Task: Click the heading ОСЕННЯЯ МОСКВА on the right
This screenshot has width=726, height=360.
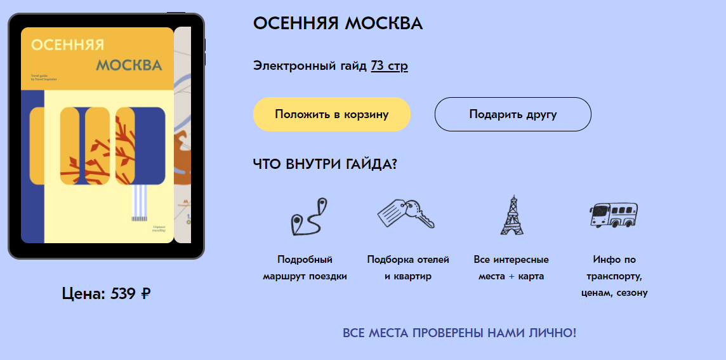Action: [338, 23]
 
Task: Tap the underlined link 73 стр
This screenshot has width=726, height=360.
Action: [389, 65]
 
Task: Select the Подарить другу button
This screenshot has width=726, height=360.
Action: [513, 114]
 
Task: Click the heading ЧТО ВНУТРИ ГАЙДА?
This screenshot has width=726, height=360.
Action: [325, 164]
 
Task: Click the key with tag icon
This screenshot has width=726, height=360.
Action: [406, 213]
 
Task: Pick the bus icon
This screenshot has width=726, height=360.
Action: [613, 215]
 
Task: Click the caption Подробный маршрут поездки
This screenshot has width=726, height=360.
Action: [305, 268]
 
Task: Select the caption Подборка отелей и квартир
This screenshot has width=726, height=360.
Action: [408, 268]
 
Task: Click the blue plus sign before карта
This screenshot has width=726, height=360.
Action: [511, 277]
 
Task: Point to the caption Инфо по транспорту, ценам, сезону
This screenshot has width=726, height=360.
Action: [614, 276]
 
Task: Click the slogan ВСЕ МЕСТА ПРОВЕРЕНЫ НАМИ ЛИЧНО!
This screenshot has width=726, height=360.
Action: [459, 333]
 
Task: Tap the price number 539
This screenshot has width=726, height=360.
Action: [122, 293]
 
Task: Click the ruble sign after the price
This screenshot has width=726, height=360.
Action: [146, 294]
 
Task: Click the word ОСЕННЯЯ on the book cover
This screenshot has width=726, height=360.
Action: [67, 45]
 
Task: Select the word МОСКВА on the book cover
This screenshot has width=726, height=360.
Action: [129, 65]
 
